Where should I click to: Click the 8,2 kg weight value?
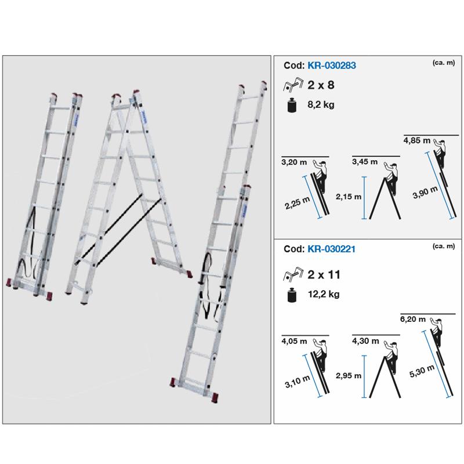click(322, 105)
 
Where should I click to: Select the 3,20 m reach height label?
click(293, 163)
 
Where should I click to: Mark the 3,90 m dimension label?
click(420, 193)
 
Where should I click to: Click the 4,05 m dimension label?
click(294, 342)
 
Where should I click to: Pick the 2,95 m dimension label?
click(349, 375)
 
